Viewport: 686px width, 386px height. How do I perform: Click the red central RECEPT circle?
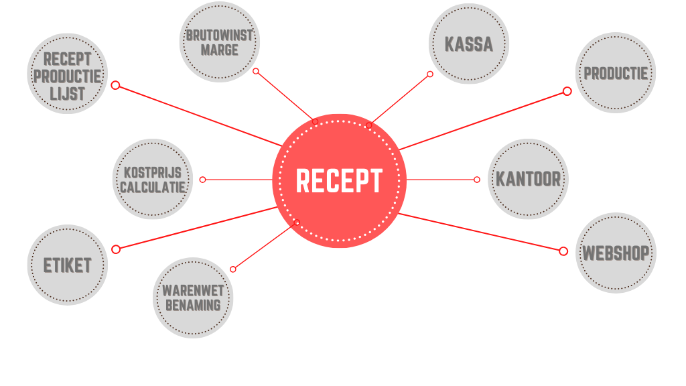339,180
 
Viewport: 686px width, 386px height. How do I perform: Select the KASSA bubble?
468,44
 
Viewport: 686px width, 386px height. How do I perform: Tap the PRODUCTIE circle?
616,73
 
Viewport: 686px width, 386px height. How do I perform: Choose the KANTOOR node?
528,179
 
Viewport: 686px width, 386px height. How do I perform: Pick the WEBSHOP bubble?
615,253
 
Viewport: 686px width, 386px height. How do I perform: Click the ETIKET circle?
67,265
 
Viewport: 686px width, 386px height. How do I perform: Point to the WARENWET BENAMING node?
193,298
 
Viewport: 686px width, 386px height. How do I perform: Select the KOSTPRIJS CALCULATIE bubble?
153,179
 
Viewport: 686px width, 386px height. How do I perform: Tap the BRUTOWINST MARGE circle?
219,42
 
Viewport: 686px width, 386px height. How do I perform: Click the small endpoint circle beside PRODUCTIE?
567,91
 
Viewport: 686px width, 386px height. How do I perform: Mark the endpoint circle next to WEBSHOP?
563,251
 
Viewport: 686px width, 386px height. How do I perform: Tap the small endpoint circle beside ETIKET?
116,249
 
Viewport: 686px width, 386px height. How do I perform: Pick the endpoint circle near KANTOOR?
477,180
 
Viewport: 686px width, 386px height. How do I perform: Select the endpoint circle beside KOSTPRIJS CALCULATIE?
203,180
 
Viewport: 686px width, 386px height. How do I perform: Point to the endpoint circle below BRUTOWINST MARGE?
256,71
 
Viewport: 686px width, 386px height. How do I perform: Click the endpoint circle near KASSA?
430,74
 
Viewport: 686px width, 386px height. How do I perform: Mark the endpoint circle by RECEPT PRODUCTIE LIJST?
115,85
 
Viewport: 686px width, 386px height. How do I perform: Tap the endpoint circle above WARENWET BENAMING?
233,269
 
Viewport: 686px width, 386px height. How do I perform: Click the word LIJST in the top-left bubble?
67,93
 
